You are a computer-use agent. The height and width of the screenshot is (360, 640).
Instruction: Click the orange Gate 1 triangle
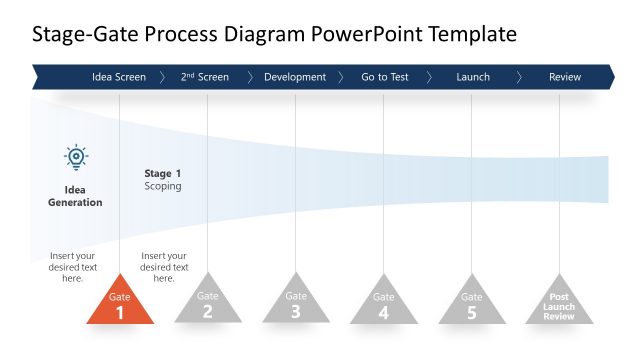(x=120, y=305)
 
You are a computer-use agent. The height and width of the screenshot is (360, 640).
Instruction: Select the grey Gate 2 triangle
(x=207, y=305)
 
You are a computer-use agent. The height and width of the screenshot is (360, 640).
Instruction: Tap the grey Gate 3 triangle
(x=296, y=305)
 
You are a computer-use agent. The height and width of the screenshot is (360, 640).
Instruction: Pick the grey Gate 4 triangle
(x=384, y=305)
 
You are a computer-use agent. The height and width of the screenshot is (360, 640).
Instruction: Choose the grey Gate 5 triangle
(x=472, y=305)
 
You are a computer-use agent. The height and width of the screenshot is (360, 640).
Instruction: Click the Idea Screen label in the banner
(x=119, y=77)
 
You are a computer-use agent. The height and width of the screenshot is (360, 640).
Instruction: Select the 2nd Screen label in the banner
(x=205, y=77)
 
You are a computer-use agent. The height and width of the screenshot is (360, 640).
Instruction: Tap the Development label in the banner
(x=295, y=77)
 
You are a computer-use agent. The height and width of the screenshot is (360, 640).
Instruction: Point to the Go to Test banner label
(x=385, y=77)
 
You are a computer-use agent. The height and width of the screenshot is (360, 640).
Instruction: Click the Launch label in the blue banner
(x=473, y=77)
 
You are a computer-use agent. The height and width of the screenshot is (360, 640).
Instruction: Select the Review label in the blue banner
(x=565, y=77)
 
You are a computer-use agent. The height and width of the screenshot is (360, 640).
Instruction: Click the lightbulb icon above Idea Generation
(x=76, y=157)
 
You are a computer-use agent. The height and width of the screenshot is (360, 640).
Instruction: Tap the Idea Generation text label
(x=75, y=195)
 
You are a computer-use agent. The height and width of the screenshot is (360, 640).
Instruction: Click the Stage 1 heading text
(x=163, y=173)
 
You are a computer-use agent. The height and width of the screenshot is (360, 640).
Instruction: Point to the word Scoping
(x=163, y=186)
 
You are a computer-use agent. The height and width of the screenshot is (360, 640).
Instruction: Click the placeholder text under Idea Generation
(x=73, y=267)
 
